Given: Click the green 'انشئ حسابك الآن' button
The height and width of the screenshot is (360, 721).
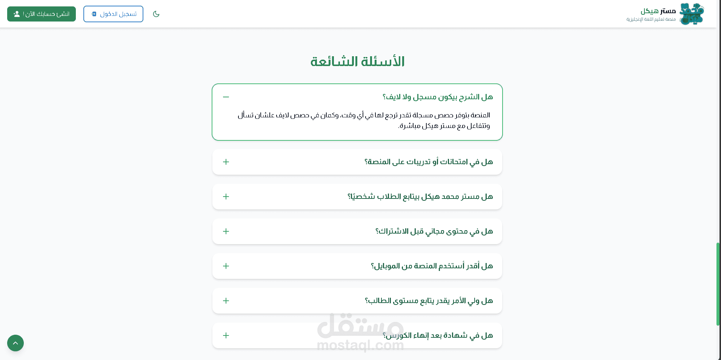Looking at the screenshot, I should click(42, 14).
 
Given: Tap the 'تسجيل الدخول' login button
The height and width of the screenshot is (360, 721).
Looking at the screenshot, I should click(113, 14).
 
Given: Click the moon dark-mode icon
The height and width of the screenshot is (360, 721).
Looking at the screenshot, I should click(156, 14).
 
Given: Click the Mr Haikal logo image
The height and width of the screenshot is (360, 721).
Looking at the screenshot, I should click(692, 14).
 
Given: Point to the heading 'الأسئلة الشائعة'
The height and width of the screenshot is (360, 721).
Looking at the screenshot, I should click(357, 62).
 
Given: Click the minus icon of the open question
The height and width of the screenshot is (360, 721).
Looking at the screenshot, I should click(226, 97).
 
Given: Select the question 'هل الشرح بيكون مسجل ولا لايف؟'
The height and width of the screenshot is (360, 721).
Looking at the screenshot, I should click(438, 97).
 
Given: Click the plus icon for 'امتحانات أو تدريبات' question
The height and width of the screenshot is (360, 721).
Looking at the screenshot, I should click(226, 162).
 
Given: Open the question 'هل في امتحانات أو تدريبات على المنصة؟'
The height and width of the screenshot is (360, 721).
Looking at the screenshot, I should click(429, 162).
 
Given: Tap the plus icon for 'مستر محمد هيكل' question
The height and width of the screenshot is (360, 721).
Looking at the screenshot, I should click(226, 197).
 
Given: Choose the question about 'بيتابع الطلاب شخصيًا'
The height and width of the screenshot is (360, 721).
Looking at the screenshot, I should click(420, 197).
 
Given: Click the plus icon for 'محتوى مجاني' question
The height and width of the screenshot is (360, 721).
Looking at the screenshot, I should click(226, 231).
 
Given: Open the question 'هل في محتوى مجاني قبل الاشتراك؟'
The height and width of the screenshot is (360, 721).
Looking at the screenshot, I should click(434, 231).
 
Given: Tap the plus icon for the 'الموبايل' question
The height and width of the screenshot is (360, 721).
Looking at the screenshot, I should click(226, 266).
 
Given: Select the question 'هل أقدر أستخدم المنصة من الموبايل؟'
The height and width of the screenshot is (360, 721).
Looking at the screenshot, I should click(432, 266).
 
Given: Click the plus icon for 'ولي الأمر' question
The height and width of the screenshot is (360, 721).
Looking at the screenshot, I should click(226, 301).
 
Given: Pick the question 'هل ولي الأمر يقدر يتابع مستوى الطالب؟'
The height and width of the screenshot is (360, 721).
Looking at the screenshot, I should click(429, 301).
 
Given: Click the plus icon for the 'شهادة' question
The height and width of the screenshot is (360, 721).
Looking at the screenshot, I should click(226, 335).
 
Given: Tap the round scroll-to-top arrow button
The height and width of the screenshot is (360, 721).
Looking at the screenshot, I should click(15, 343).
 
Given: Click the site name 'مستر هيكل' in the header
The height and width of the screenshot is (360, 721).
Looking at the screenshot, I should click(658, 11).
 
